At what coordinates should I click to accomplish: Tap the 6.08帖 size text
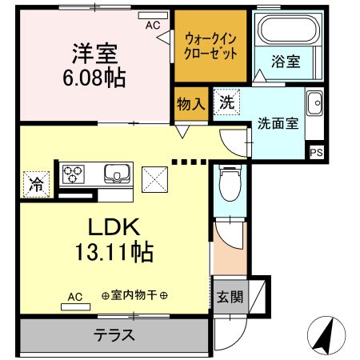point(94,79)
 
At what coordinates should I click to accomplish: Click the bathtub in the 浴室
point(287,32)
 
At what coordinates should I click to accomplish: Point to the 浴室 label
point(285,62)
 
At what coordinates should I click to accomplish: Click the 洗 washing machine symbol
point(226,102)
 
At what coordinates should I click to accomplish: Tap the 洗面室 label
point(278,124)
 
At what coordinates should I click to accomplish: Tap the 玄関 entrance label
point(227,298)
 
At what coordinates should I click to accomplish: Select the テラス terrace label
point(114,335)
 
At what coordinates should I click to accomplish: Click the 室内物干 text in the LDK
point(134,296)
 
